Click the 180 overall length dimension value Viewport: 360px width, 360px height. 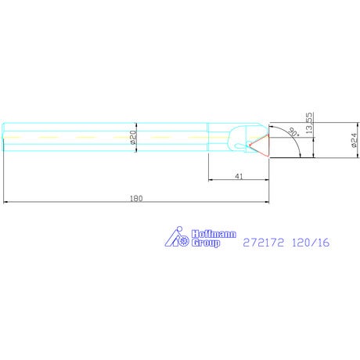click(x=136, y=199)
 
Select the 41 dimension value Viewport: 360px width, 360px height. click(x=239, y=177)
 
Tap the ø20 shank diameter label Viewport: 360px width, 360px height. click(x=133, y=138)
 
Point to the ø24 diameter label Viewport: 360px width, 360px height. click(x=354, y=140)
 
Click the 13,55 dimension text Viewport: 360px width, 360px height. click(x=309, y=123)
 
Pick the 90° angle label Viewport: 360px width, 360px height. click(x=293, y=132)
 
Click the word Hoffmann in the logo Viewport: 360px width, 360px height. click(x=214, y=234)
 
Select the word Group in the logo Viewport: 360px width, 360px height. click(x=206, y=243)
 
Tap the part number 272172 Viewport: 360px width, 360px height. click(x=263, y=243)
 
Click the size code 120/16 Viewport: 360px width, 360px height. click(x=311, y=243)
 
